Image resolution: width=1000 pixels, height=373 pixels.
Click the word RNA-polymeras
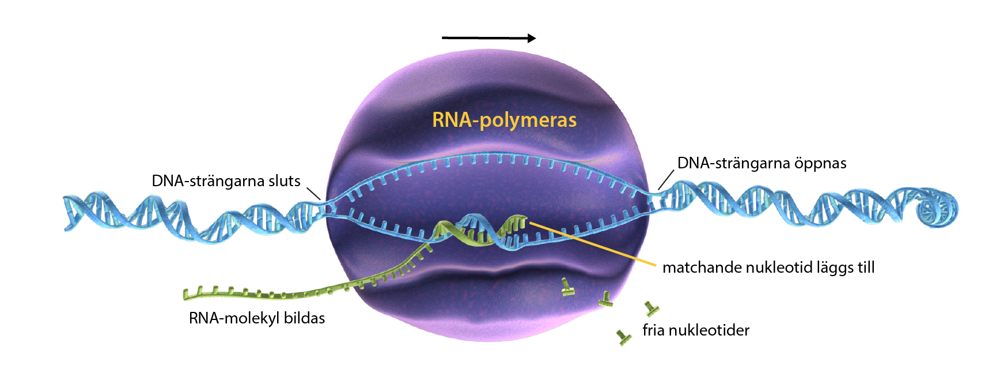[504, 120]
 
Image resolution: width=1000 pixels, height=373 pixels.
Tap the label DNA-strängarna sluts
[226, 181]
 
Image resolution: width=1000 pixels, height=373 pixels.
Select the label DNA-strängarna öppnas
[762, 163]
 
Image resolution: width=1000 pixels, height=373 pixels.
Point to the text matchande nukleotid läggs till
[768, 267]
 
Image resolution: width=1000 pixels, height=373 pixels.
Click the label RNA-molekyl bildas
[257, 318]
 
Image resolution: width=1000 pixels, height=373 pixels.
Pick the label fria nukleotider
[696, 330]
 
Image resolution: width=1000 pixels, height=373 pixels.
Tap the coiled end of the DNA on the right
[939, 208]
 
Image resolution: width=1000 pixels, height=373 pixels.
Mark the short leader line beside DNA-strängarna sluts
[313, 193]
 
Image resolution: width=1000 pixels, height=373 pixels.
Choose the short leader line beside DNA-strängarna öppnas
[666, 179]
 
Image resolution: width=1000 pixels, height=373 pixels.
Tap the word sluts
[285, 181]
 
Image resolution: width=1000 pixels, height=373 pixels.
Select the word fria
[654, 330]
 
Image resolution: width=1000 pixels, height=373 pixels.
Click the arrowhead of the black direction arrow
[531, 38]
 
